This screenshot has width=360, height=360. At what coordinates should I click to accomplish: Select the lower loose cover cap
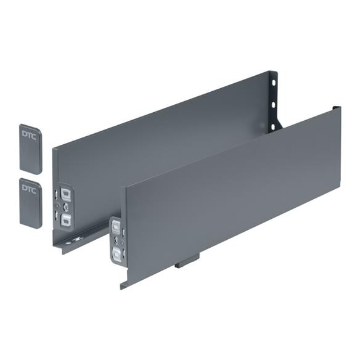coord(30,203)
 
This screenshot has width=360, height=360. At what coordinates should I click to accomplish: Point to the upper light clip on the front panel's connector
coord(115,229)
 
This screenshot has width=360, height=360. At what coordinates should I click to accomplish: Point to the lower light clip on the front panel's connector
coord(115,253)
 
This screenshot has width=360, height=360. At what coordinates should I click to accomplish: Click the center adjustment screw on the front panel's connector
coord(114,242)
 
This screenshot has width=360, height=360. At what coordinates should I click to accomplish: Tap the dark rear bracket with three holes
coord(274,102)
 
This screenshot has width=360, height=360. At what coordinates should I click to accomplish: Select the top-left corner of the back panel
coord(54,148)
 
